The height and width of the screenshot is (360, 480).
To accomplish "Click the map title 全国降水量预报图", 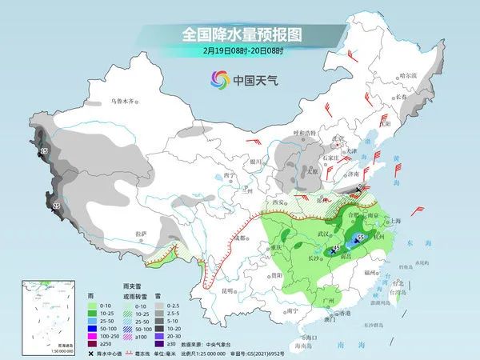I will point(239,34).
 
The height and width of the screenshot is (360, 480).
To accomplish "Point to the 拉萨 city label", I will point(141,234).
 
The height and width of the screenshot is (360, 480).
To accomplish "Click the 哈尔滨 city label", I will point(408,75).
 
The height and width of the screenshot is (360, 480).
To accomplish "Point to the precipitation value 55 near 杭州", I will point(361,238).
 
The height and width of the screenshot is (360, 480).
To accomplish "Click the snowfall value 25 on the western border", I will point(56,206).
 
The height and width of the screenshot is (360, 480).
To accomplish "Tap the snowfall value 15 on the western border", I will point(44,150).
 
